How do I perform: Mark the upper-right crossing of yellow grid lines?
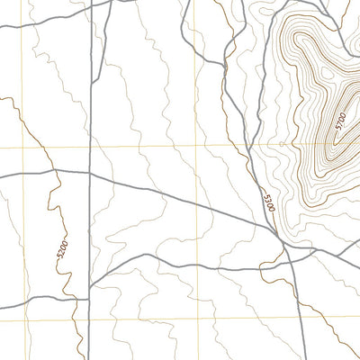click(197, 145)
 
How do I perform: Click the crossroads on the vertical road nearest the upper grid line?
click(91, 172)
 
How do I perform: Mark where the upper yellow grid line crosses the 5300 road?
click(242, 145)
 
